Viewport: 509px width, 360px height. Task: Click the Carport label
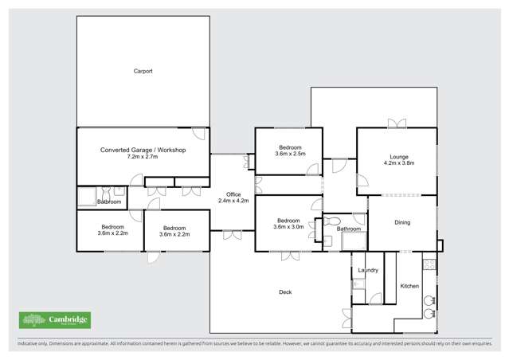143,71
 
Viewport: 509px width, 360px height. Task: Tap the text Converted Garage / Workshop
143,150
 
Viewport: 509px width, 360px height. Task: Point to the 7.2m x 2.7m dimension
143,157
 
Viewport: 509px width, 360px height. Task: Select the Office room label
233,194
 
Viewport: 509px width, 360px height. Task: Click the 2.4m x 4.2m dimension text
233,201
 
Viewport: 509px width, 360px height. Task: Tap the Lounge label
399,156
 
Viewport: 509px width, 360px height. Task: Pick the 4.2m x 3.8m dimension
399,163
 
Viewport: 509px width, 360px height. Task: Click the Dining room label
402,222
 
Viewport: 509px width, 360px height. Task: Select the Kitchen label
409,286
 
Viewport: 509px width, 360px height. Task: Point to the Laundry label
368,271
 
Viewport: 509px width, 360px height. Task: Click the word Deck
285,292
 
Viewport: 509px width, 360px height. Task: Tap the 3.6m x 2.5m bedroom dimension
288,154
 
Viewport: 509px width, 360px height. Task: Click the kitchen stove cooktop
429,263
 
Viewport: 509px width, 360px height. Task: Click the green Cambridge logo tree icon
33,319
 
